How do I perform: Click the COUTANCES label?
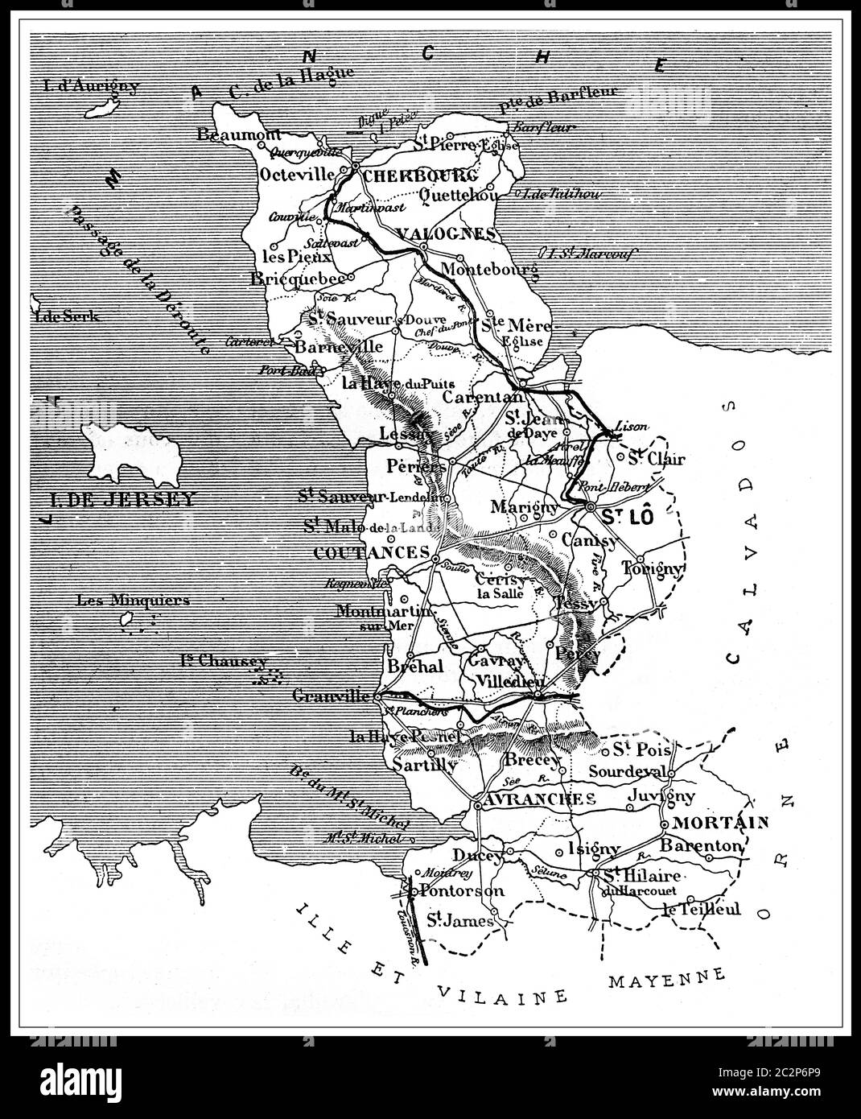(371, 552)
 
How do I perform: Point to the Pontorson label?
(462, 890)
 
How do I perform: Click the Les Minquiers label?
(133, 599)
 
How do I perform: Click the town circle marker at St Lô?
(591, 508)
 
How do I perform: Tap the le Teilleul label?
(700, 909)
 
